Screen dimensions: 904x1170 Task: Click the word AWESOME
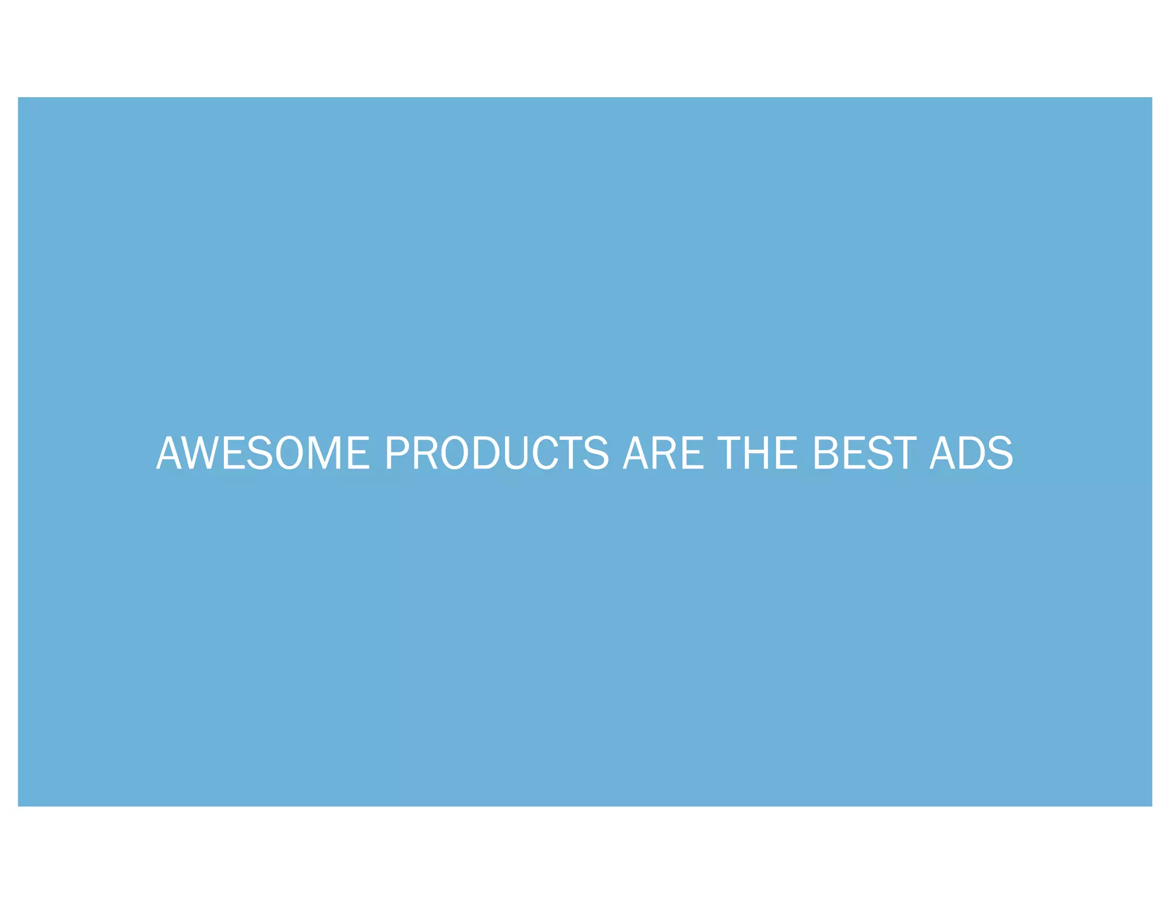coord(263,453)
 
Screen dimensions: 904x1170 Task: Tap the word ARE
coord(663,453)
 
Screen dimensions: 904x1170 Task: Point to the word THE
coord(758,453)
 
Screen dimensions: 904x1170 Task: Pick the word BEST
coord(864,453)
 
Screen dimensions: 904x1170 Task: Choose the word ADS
coord(971,453)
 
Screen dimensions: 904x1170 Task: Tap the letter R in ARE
coord(664,453)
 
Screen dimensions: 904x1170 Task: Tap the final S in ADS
coord(1000,453)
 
